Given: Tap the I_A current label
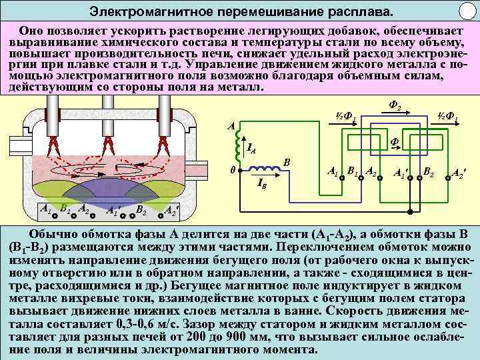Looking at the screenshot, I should (x=252, y=148).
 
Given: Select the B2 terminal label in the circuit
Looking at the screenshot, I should (x=429, y=173).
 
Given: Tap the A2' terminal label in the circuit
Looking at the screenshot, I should (x=459, y=175).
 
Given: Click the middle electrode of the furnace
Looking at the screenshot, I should (x=107, y=117).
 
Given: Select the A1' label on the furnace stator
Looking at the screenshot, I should (x=113, y=211).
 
